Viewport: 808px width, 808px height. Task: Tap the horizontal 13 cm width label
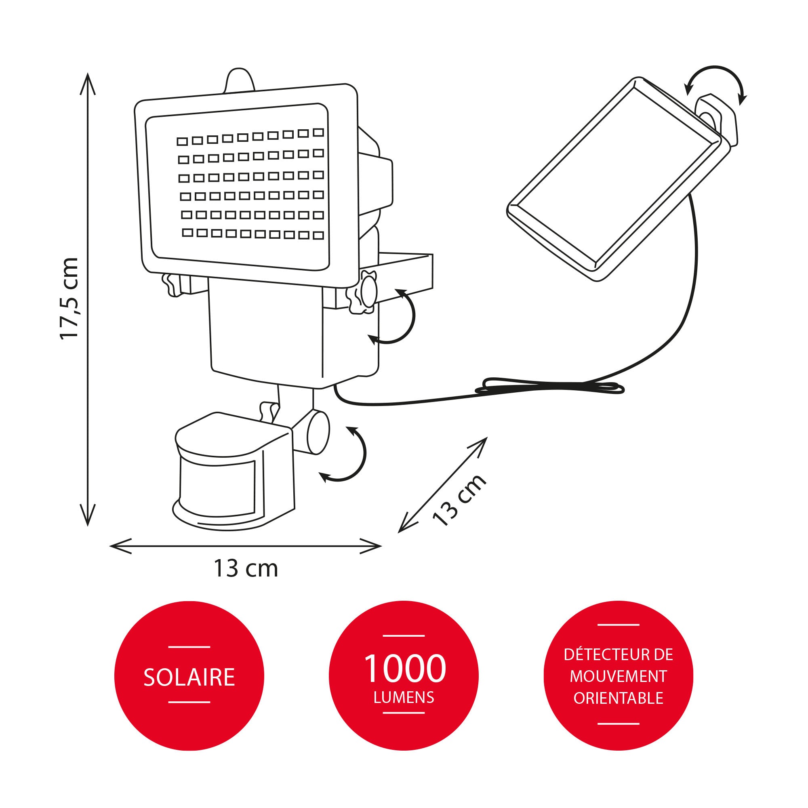tap(246, 568)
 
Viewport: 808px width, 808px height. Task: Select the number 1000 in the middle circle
tap(404, 669)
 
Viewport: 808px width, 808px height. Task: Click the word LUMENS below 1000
tap(404, 697)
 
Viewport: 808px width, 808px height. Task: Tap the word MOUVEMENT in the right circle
tap(618, 676)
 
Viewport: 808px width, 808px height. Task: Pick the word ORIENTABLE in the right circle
tap(618, 698)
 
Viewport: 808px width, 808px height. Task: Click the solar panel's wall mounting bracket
tap(717, 117)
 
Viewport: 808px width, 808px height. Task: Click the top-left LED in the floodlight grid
tap(182, 141)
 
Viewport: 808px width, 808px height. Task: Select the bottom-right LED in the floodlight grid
tap(319, 236)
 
